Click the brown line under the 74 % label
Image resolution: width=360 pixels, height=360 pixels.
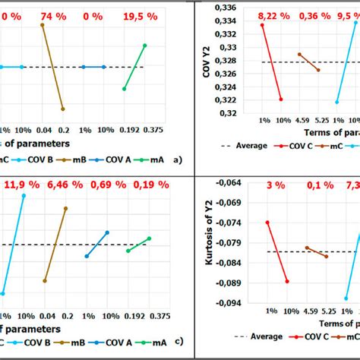pyautogui.click(x=52, y=67)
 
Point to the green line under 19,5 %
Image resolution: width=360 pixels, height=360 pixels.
pyautogui.click(x=134, y=67)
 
